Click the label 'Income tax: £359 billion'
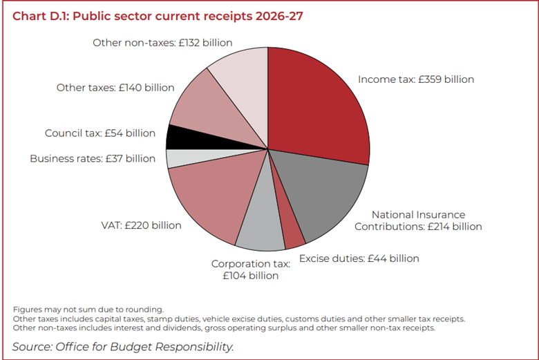416,79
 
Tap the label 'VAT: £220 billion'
141,225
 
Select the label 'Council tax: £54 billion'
100,133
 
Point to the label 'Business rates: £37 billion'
93,159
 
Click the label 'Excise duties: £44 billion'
359,259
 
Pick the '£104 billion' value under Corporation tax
250,276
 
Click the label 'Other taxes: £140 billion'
115,88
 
